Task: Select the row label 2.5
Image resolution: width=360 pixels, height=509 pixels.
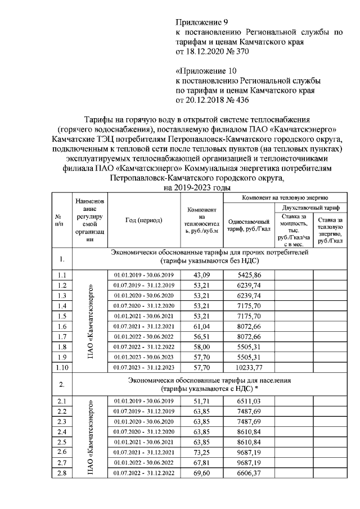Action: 62,442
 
